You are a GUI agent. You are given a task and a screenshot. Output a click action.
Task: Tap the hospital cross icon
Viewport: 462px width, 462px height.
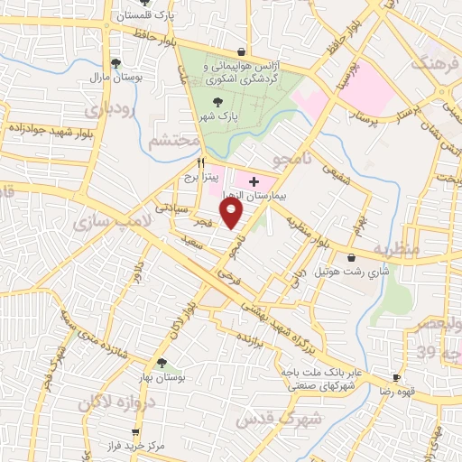[254, 181]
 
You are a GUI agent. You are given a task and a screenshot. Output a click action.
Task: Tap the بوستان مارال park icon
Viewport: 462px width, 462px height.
[115, 62]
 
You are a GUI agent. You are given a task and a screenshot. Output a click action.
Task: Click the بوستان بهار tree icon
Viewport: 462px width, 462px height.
[162, 363]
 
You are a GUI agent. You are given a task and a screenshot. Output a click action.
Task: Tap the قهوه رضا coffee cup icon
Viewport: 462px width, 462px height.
[396, 377]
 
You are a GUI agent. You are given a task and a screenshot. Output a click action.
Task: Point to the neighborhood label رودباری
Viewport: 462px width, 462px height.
[112, 110]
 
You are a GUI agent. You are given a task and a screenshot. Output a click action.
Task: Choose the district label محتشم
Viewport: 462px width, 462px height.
[173, 142]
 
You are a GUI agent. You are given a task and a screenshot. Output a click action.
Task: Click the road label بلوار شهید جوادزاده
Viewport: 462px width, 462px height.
[44, 129]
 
